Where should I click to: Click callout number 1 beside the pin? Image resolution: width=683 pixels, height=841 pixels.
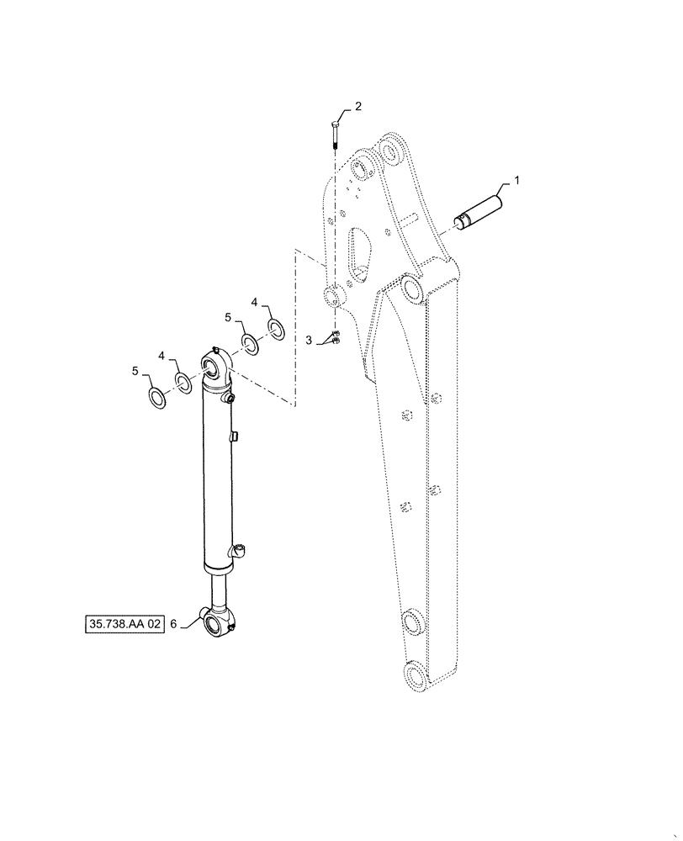(516, 180)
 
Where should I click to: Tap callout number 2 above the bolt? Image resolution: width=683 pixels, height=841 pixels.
(357, 107)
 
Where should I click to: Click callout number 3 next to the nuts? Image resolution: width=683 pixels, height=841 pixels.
(309, 340)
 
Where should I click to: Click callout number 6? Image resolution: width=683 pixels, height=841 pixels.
(174, 625)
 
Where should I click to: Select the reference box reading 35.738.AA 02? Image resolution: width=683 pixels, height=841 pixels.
(124, 625)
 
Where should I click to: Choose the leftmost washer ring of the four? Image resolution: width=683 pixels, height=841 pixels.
(156, 395)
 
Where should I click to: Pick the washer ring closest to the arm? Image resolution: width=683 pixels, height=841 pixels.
(276, 326)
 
